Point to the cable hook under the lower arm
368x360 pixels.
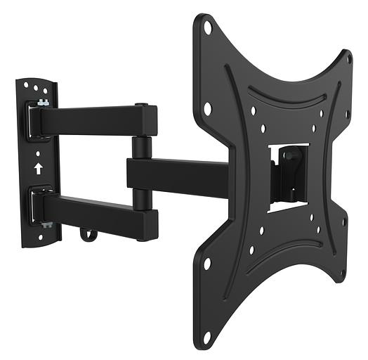(87, 234)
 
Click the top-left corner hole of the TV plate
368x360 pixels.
(208, 28)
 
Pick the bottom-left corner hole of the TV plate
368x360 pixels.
(207, 263)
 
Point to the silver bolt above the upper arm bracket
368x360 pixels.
(44, 103)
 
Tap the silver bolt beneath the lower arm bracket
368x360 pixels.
(46, 225)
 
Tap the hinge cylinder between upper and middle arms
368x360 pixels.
(140, 148)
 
